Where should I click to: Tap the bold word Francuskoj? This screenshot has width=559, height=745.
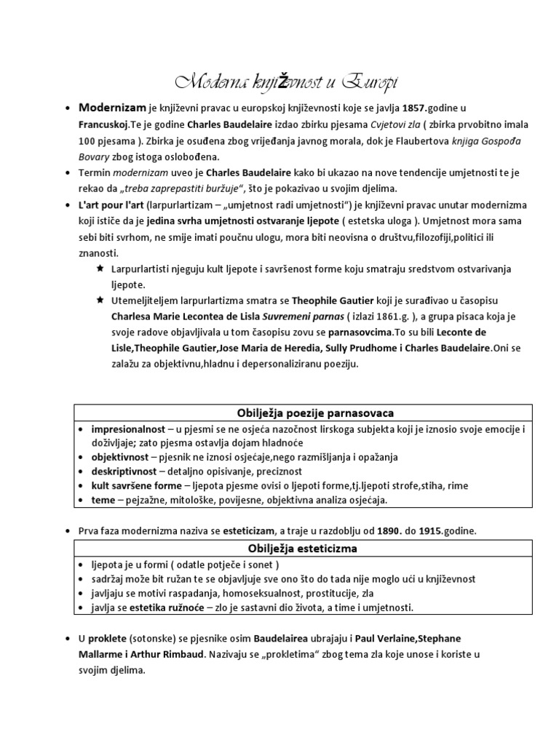coord(104,124)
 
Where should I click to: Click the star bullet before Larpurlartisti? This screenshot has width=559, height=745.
coord(100,268)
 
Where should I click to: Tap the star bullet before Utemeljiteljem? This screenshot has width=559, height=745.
coord(100,300)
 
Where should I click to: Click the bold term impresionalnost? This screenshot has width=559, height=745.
coord(126,429)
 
